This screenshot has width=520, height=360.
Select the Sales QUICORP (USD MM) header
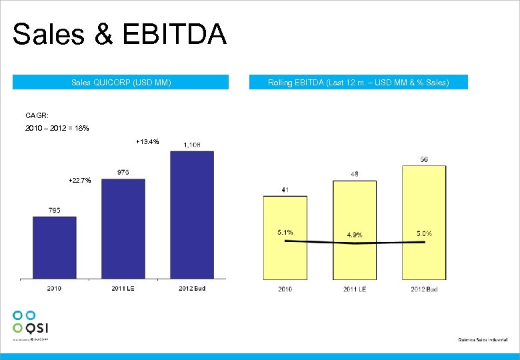(121, 82)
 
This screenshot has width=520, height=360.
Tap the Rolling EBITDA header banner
(358, 82)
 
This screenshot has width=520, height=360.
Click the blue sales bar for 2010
(54, 247)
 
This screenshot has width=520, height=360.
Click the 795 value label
(54, 210)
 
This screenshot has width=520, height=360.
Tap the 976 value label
(123, 173)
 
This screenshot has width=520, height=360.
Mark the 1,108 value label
(191, 145)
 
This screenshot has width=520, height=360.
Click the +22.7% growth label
(80, 181)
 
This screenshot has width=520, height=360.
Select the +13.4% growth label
(147, 141)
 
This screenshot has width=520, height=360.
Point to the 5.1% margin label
(285, 233)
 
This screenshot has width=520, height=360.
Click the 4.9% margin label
(354, 235)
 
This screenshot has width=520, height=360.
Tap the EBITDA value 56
(424, 159)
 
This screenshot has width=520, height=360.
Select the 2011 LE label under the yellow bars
(354, 289)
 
